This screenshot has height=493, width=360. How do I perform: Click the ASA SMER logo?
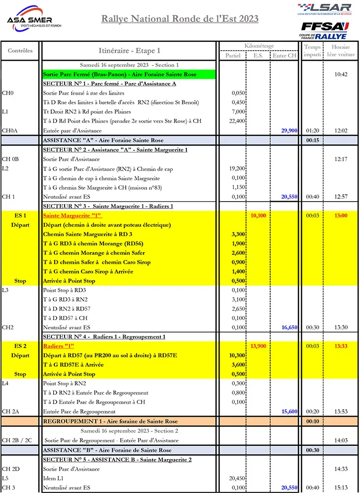point(34,19)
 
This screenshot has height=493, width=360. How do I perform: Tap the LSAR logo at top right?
point(325,8)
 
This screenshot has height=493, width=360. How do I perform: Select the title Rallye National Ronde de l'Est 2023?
point(180,19)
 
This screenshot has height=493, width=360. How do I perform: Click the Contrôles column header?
point(20,50)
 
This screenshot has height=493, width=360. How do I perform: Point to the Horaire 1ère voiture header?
point(341,51)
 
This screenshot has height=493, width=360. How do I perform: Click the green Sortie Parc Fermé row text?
point(119,74)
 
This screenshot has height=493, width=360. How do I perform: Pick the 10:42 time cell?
point(341,74)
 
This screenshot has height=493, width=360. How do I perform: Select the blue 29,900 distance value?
point(288,131)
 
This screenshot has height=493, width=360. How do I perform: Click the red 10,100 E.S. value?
point(258,215)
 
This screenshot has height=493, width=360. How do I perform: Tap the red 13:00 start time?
point(341,215)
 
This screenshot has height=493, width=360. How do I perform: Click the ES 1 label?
point(20,215)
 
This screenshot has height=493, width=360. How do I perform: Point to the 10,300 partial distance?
point(237,355)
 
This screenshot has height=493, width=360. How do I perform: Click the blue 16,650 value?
point(288,327)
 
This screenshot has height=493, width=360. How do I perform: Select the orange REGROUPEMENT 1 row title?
point(110,422)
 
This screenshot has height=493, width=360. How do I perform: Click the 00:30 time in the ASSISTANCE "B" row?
point(312,450)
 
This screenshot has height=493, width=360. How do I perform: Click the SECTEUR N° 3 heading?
point(108,206)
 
